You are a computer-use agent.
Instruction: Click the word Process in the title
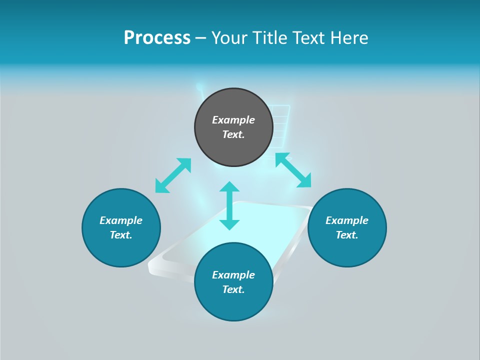click(x=157, y=38)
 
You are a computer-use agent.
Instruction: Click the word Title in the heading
click(x=267, y=38)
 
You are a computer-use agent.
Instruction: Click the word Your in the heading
click(x=228, y=38)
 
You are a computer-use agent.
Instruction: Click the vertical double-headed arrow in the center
click(x=229, y=205)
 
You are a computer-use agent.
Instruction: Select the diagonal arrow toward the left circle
click(x=173, y=175)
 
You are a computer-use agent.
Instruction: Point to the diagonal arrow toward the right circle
click(x=293, y=170)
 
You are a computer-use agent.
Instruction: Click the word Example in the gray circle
click(x=233, y=120)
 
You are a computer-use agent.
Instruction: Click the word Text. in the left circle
click(x=121, y=235)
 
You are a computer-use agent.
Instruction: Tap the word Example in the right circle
click(x=347, y=220)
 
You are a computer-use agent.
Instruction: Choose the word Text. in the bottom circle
click(x=233, y=289)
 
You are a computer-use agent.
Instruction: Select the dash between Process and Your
click(x=201, y=38)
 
